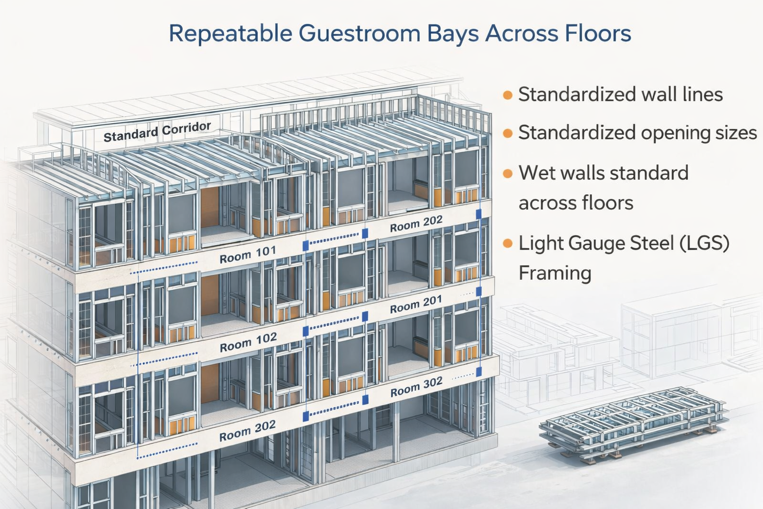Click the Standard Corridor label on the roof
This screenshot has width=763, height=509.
coord(157,131)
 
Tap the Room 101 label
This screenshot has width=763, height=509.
coord(247,254)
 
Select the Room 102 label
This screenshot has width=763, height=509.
coord(248,342)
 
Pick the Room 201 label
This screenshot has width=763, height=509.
coord(416,304)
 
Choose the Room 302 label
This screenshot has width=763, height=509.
coord(416,387)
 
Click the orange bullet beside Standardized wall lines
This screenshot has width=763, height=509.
coord(507,94)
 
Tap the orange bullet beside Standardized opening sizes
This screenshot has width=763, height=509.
coord(507,133)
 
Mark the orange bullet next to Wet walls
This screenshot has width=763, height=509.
coord(507,173)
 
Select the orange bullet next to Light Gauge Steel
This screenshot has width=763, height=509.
coord(507,244)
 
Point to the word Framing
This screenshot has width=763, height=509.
coord(555,273)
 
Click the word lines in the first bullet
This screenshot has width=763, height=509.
coord(702,94)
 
